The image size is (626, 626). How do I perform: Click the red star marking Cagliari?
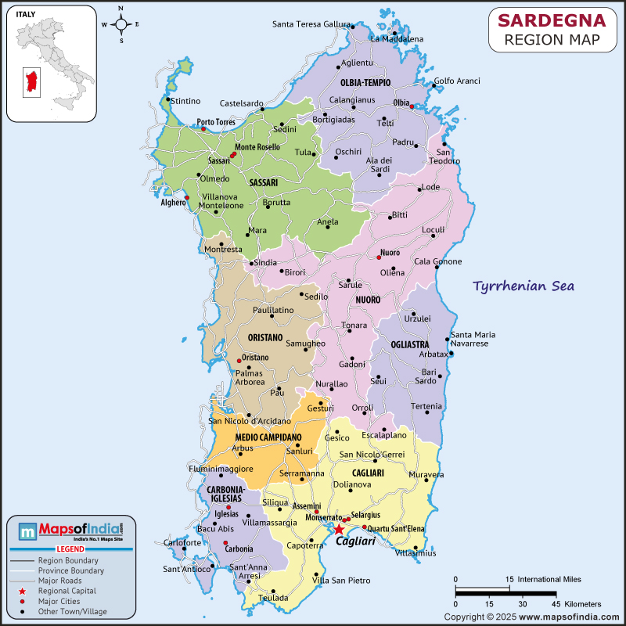(339, 530)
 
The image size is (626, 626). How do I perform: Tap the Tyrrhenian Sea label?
(523, 286)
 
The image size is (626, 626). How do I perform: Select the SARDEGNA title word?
(552, 20)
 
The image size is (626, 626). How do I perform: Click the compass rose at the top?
(121, 24)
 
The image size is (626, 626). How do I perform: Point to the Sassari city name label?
(218, 160)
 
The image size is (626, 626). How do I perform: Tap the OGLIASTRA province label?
(399, 344)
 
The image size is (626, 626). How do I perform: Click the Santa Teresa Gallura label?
(311, 23)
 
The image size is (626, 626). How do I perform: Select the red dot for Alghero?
(187, 197)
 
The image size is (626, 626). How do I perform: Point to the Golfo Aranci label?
(457, 81)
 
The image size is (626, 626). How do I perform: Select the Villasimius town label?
(416, 553)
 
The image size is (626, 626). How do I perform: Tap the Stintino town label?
(185, 101)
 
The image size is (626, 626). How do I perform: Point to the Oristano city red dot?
(239, 361)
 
